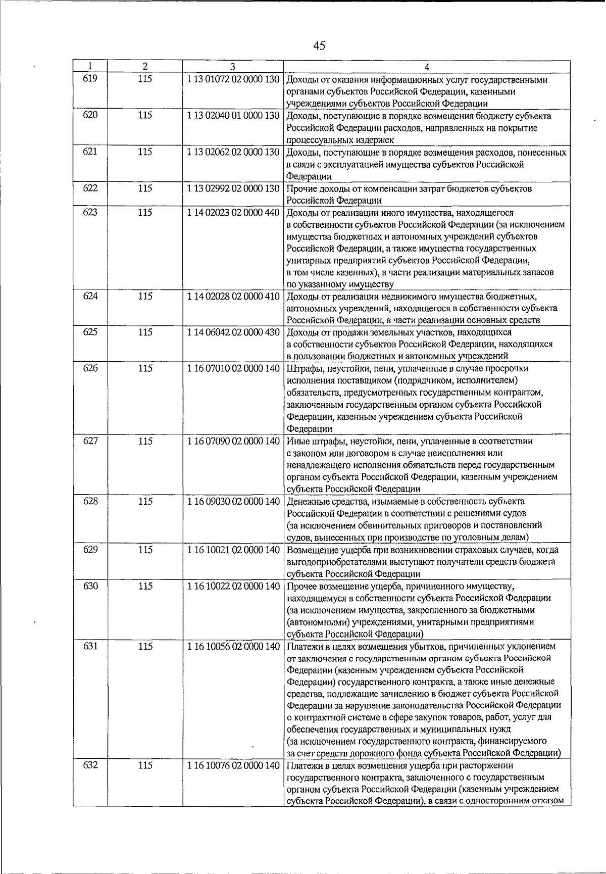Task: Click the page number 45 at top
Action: (x=319, y=46)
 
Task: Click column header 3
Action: (x=233, y=67)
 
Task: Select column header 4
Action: (x=427, y=67)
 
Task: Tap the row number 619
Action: (x=90, y=79)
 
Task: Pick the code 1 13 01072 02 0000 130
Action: (x=233, y=79)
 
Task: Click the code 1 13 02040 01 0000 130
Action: (x=233, y=116)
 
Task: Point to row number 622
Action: (x=90, y=188)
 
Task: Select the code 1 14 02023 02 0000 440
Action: (x=233, y=213)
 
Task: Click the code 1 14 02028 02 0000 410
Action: (x=233, y=296)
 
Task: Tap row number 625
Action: (x=90, y=332)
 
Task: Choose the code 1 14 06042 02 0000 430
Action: (x=233, y=332)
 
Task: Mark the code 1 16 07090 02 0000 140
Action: (x=233, y=441)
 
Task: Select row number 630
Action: (x=90, y=587)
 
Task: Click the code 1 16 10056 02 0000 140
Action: (x=233, y=646)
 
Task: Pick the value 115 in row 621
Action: (x=145, y=152)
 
